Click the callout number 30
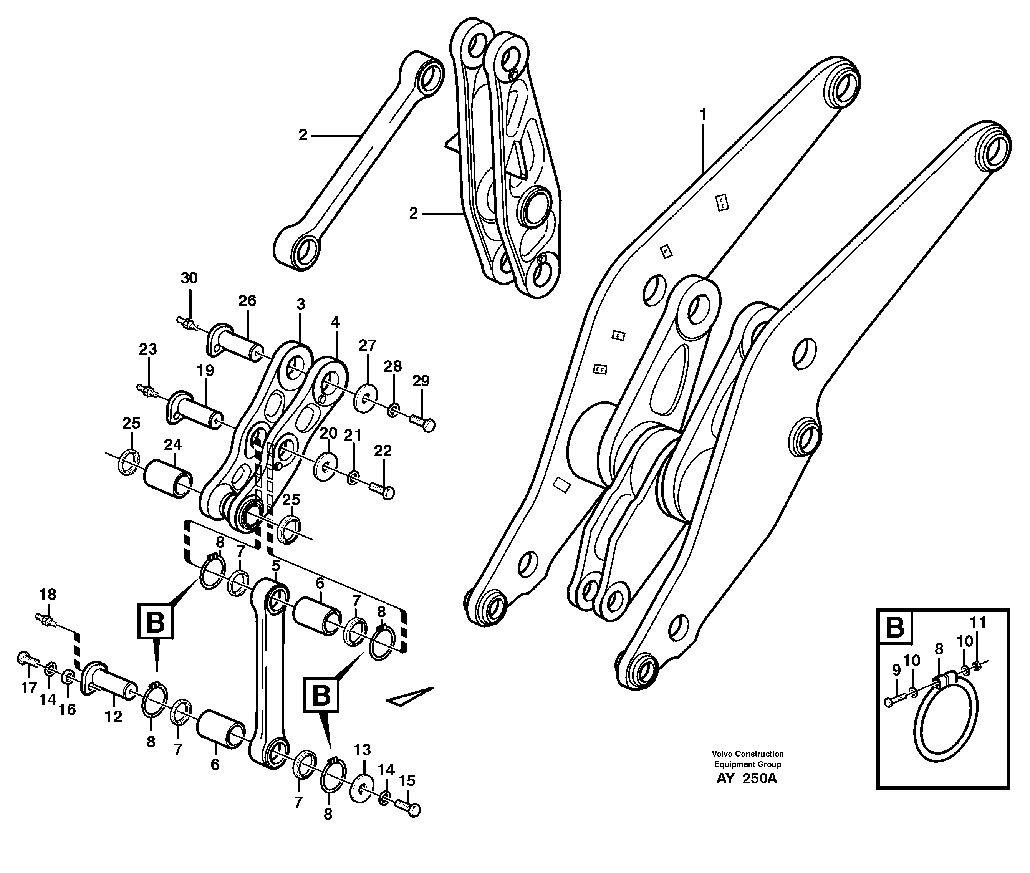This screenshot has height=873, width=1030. [x=189, y=278]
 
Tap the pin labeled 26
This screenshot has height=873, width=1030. [x=237, y=343]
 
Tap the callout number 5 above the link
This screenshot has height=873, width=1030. [x=276, y=565]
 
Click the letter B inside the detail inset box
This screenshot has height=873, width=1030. [x=894, y=628]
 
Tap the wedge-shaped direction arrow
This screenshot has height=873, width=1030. [x=409, y=696]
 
